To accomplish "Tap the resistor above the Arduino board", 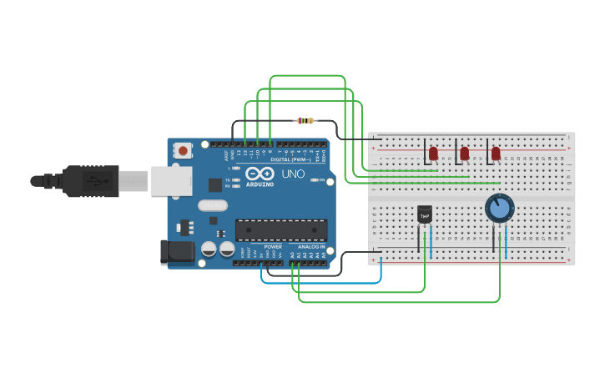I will pos(305,121).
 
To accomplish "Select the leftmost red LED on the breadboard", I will pos(434,153).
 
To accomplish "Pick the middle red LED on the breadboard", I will pos(465,154).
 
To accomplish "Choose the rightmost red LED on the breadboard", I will pos(496,154).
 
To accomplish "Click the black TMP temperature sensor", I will pos(425,215).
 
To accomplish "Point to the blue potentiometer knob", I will pos(499,208).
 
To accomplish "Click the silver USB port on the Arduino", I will pos(170,180).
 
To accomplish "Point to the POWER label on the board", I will pos(273,247).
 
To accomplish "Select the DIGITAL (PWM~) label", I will pos(290,159).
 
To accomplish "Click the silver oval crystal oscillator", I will pos(213,205).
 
